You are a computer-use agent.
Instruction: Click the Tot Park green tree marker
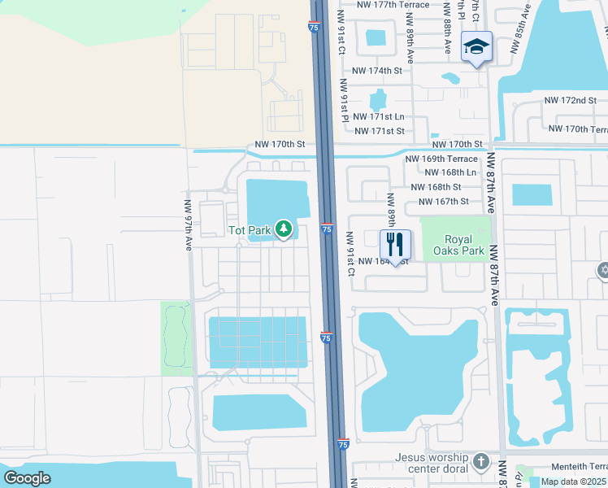pos(284,230)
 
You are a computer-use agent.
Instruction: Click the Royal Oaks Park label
pos(464,245)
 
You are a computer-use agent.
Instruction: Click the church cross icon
pos(480,462)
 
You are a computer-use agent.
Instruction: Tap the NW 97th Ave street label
pos(188,225)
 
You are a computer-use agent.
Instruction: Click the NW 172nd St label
pos(579,100)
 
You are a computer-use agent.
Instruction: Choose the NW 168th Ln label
pos(450,172)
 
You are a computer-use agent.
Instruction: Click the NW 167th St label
pos(444,201)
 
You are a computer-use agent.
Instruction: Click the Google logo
pos(28,477)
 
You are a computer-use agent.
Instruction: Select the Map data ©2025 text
pos(573,481)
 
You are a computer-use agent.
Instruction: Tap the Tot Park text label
pos(249,231)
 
